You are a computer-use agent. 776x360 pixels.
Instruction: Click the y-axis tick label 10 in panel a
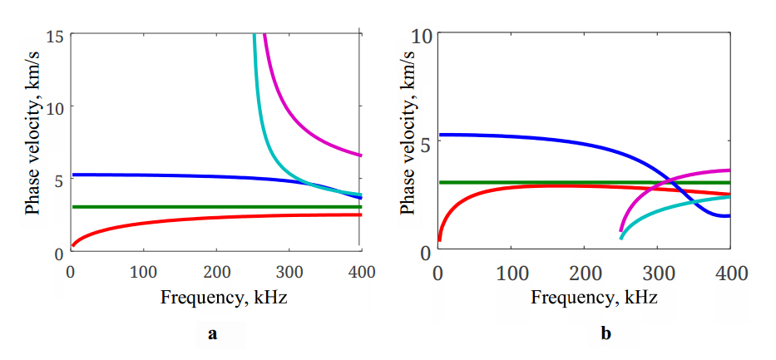pyautogui.click(x=55, y=107)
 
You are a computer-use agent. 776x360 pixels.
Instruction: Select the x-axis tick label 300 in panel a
pyautogui.click(x=288, y=271)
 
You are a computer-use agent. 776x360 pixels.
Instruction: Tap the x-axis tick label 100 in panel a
pyautogui.click(x=142, y=271)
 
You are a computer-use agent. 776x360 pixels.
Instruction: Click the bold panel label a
pyautogui.click(x=213, y=334)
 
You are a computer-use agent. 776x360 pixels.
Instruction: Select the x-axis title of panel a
pyautogui.click(x=215, y=297)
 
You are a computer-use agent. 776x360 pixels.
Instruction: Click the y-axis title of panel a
pyautogui.click(x=32, y=143)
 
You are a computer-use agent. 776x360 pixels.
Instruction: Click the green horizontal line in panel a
pyautogui.click(x=166, y=206)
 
